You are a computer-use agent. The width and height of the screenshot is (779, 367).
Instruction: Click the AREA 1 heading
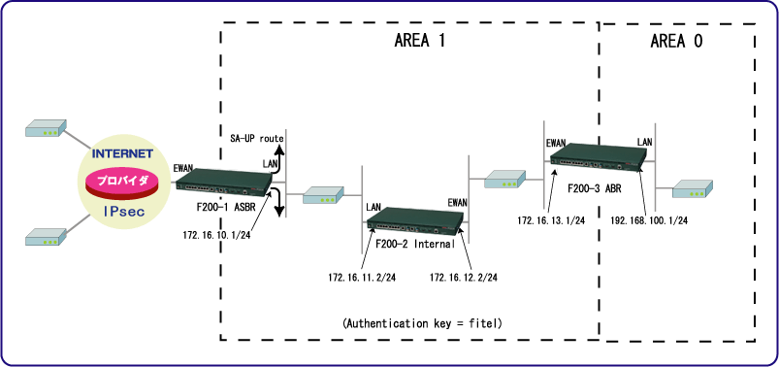[419, 42]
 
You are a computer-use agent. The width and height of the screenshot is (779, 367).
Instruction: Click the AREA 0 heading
[676, 42]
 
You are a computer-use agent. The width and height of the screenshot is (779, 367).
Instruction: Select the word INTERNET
[122, 153]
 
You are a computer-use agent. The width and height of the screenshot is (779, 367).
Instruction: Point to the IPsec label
[124, 213]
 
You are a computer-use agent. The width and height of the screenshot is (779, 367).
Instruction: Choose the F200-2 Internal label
[415, 244]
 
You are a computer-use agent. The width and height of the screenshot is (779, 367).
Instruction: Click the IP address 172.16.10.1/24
[216, 235]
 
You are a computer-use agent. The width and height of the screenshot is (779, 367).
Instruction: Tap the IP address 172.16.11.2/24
[362, 277]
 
